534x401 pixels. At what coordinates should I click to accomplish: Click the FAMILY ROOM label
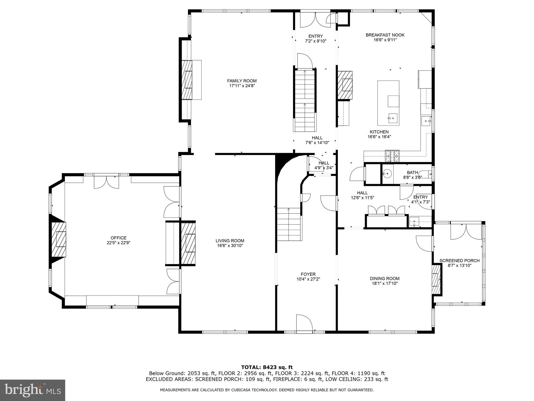(x=242, y=81)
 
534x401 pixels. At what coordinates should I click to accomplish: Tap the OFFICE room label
(x=118, y=238)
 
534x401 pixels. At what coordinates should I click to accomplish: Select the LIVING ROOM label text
(x=230, y=241)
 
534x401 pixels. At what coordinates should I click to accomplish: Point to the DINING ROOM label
(x=385, y=279)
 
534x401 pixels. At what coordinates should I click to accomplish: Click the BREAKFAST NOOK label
(x=385, y=35)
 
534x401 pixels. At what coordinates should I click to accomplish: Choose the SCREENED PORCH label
(x=459, y=261)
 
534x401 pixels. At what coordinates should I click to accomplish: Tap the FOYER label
(x=308, y=274)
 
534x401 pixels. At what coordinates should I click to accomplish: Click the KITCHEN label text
(x=379, y=132)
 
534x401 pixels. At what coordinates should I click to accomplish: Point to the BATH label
(x=412, y=172)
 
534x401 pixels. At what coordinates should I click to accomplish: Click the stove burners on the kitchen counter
(x=392, y=156)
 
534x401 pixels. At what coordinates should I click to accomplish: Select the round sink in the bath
(x=387, y=173)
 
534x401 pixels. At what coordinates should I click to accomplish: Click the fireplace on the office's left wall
(x=58, y=239)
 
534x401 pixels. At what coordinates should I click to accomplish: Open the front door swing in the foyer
(x=304, y=323)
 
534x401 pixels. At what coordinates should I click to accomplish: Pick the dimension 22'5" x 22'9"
(x=118, y=243)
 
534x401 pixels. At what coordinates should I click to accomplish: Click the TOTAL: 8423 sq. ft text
(x=267, y=368)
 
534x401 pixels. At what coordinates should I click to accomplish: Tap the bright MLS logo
(x=33, y=390)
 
